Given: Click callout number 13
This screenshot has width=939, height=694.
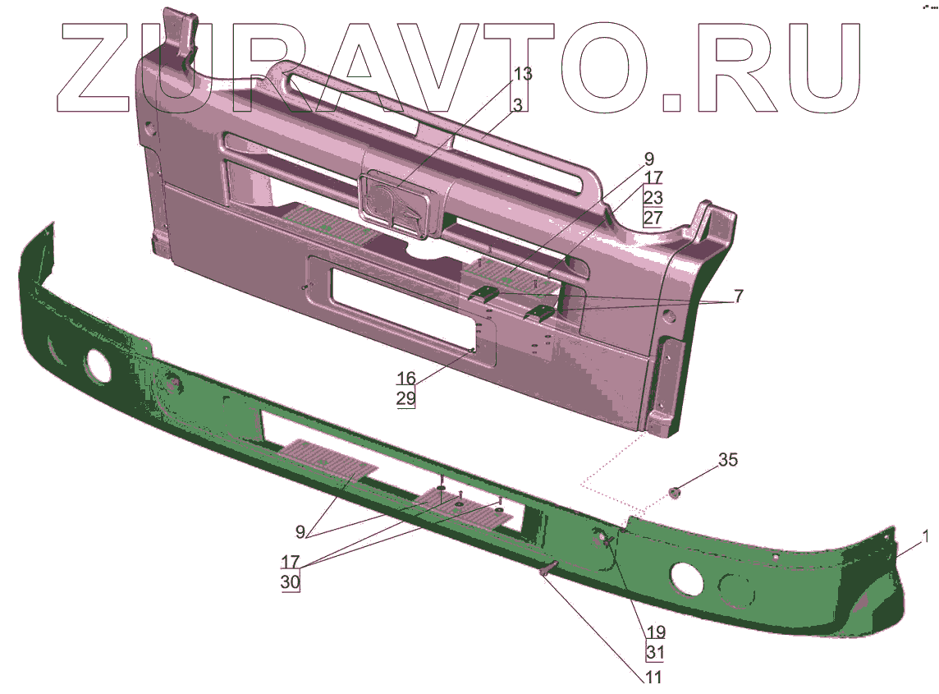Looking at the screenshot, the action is pyautogui.click(x=523, y=74).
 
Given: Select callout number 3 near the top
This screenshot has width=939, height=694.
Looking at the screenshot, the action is pyautogui.click(x=518, y=105).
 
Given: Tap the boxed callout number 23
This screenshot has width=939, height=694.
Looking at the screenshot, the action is pyautogui.click(x=653, y=197).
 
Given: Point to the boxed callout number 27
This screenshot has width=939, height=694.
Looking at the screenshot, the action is pyautogui.click(x=653, y=217).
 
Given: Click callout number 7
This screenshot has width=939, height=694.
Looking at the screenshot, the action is pyautogui.click(x=739, y=296).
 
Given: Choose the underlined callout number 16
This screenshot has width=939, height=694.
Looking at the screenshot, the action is pyautogui.click(x=406, y=378).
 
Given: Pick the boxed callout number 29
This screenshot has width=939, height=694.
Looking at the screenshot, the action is pyautogui.click(x=406, y=398).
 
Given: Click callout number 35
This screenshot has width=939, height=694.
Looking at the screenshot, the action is pyautogui.click(x=728, y=460).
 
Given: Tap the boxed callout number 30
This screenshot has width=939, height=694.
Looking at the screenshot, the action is pyautogui.click(x=291, y=582).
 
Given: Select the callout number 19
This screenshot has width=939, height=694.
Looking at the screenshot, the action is pyautogui.click(x=657, y=632).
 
